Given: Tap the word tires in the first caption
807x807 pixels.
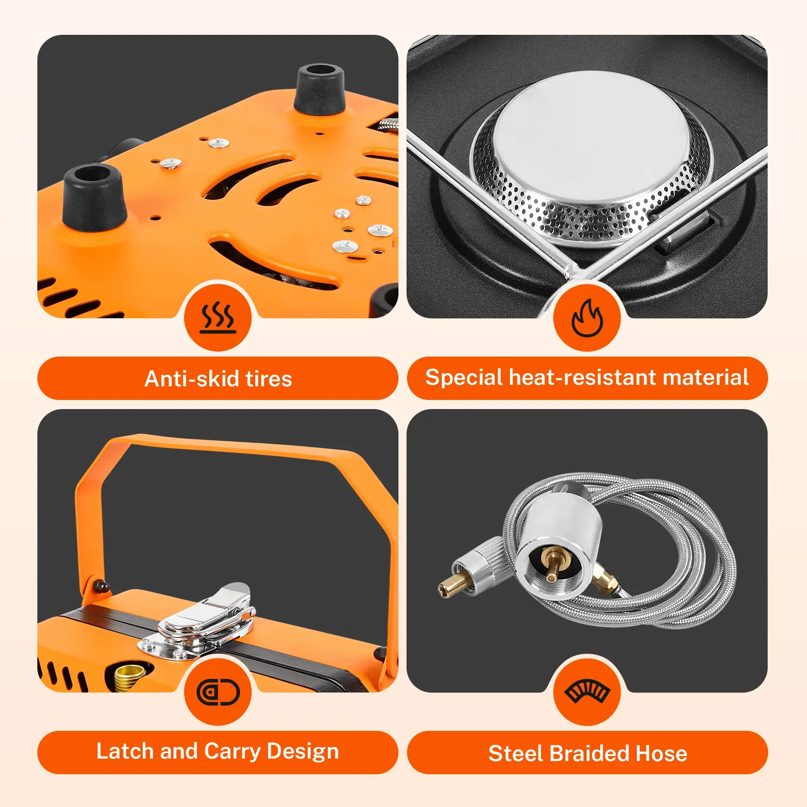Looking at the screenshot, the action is click(x=269, y=379).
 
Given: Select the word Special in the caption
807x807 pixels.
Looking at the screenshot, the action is click(x=464, y=378).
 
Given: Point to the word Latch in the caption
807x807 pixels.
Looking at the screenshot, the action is click(x=125, y=751).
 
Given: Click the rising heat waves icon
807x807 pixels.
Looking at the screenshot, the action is click(x=218, y=318).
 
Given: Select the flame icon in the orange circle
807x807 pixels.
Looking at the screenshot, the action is click(x=587, y=318).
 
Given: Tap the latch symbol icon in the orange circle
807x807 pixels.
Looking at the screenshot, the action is click(x=218, y=692).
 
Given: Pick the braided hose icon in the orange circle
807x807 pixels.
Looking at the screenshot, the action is click(x=587, y=691).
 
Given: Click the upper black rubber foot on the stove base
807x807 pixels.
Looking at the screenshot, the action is click(x=320, y=89).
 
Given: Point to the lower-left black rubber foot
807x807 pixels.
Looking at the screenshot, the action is click(x=93, y=197).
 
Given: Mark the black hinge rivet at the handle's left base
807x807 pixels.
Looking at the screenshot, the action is click(x=101, y=586).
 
